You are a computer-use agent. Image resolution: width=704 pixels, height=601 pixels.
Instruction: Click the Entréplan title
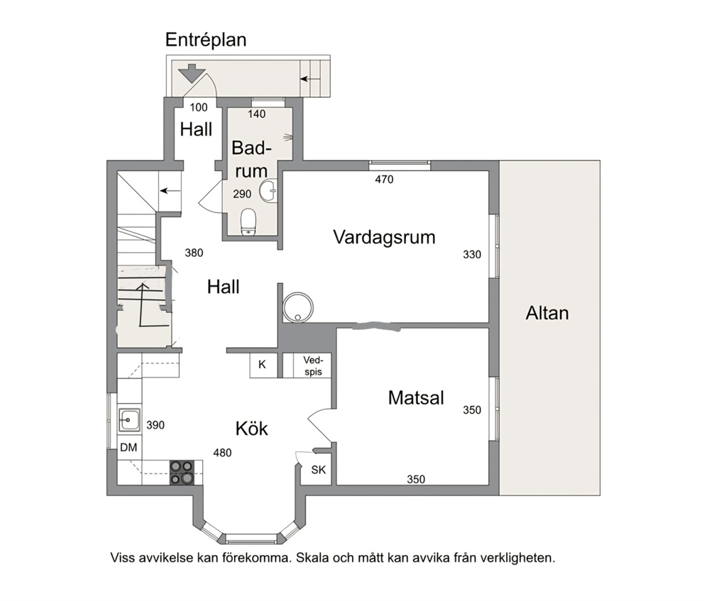[x=206, y=40]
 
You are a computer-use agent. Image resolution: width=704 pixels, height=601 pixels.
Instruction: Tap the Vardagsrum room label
[x=385, y=237]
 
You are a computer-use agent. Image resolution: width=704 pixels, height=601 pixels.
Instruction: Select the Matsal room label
[x=416, y=397]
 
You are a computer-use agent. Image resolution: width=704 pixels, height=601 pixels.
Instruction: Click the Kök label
[x=251, y=428]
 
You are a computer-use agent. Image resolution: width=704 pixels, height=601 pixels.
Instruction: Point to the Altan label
[x=547, y=313]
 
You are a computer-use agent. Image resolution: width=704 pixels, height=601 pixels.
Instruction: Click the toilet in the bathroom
[x=248, y=221]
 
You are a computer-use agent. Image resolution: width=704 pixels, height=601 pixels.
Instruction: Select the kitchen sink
[x=129, y=420]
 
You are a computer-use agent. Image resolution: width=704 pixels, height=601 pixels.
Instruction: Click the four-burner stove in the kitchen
[x=182, y=473]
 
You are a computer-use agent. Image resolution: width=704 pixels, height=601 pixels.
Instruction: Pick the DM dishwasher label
[x=129, y=447]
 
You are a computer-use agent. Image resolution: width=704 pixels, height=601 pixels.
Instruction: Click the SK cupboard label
[x=319, y=470]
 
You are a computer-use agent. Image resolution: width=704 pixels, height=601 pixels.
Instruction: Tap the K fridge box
[x=263, y=365]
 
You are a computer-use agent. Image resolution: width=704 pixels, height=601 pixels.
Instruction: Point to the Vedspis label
[x=313, y=365]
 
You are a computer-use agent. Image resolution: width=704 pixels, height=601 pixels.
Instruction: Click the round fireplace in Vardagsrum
[x=297, y=307]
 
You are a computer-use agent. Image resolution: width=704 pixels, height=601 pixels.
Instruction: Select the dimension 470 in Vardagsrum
[x=385, y=180]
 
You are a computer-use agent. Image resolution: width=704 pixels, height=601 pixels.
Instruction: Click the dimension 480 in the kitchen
[x=222, y=453]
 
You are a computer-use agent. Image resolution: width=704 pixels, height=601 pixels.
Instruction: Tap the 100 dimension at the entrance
[x=199, y=107]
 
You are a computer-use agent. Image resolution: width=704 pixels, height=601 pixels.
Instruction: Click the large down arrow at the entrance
[x=192, y=73]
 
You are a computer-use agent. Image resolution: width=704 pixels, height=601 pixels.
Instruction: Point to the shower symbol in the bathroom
[x=288, y=136]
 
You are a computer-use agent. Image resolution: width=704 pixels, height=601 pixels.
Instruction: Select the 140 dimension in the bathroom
[x=257, y=114]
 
